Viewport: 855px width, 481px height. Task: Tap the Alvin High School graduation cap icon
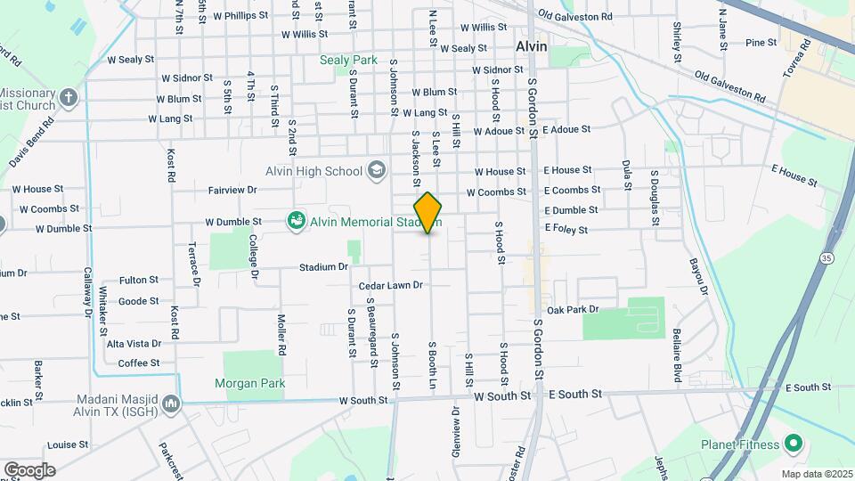(x=377, y=170)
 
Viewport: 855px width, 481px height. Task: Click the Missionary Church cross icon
(x=69, y=96)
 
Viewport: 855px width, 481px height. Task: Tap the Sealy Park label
(x=349, y=61)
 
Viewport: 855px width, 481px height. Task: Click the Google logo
(x=28, y=469)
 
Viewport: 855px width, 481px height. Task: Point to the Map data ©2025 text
(x=815, y=474)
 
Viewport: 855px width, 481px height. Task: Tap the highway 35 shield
(x=827, y=258)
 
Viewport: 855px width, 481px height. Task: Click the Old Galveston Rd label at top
(x=575, y=17)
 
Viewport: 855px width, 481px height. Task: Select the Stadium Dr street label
(x=322, y=266)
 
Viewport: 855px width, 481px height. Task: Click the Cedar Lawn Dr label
(x=390, y=286)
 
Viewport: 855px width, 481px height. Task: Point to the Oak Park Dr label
(x=573, y=310)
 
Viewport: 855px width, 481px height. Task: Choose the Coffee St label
(x=139, y=363)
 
